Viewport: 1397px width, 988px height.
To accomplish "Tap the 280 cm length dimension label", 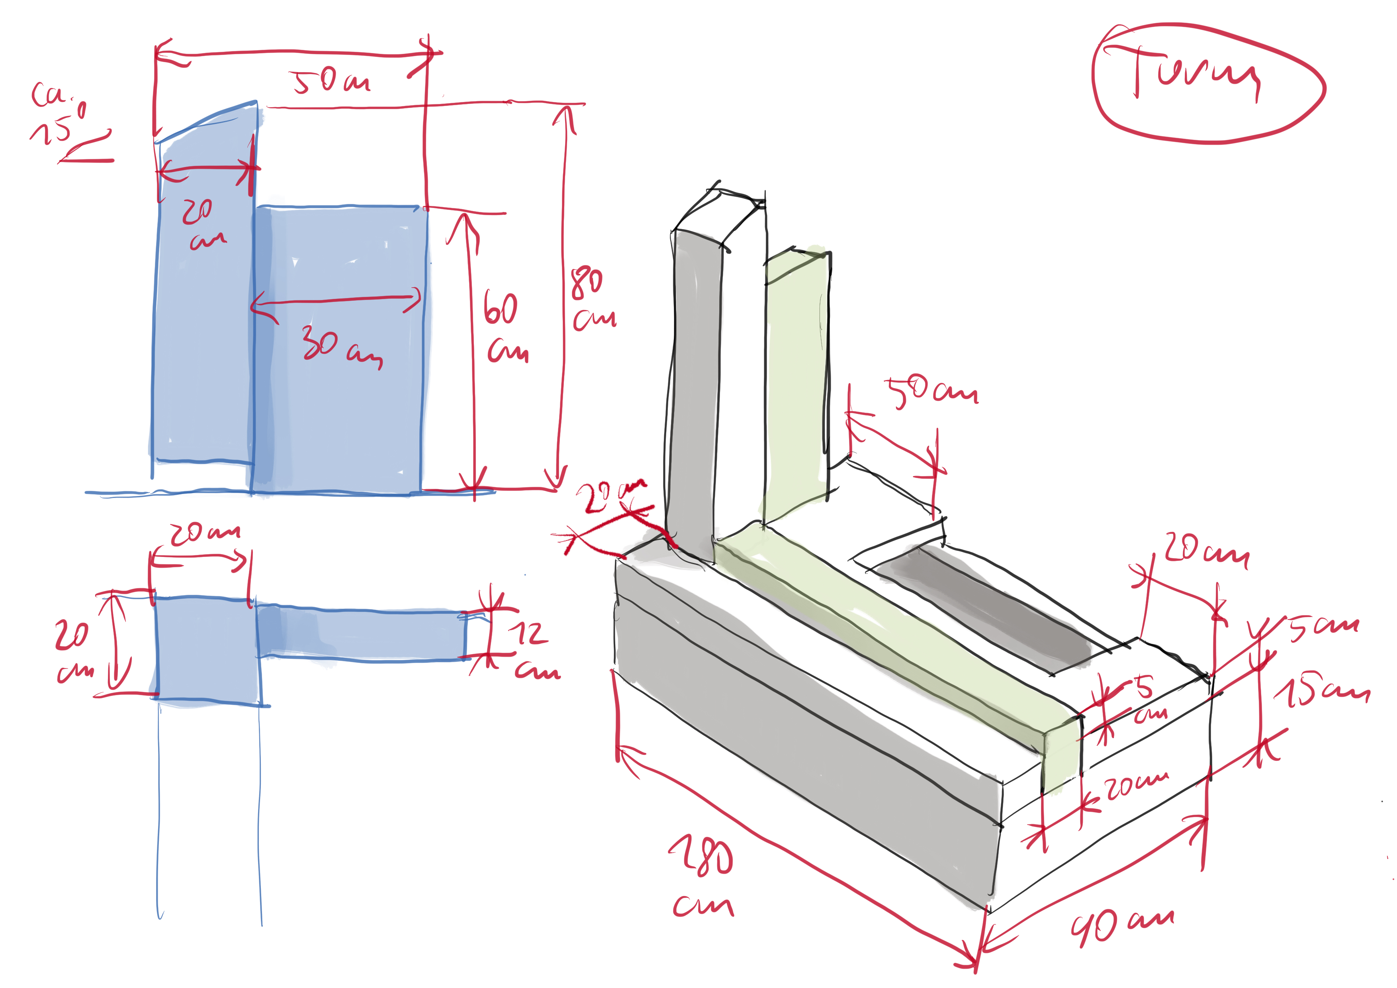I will point(703,876).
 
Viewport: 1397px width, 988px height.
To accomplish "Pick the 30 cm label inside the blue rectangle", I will point(341,347).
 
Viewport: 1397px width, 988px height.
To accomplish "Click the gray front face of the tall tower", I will point(694,390).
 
